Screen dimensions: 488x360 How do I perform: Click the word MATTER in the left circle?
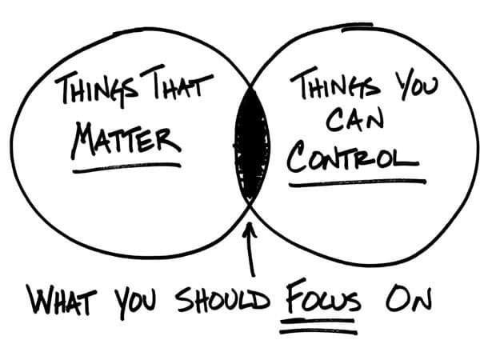coord(126,140)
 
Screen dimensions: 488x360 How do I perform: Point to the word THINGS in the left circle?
coord(96,90)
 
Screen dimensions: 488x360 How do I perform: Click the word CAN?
coord(354,120)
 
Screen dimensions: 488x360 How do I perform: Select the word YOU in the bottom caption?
coord(134,302)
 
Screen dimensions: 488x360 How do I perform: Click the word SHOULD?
coord(222,300)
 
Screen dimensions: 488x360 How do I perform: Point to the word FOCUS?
coord(322,297)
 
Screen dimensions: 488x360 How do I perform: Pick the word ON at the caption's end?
coord(409,299)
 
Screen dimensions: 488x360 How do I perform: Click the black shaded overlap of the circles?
coord(251,146)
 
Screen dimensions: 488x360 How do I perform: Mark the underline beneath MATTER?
coord(126,167)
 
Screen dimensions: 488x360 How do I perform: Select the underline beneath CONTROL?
coord(358,183)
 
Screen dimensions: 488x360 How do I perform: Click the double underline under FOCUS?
coord(318,326)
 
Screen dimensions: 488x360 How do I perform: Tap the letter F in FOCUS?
coord(295,296)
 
